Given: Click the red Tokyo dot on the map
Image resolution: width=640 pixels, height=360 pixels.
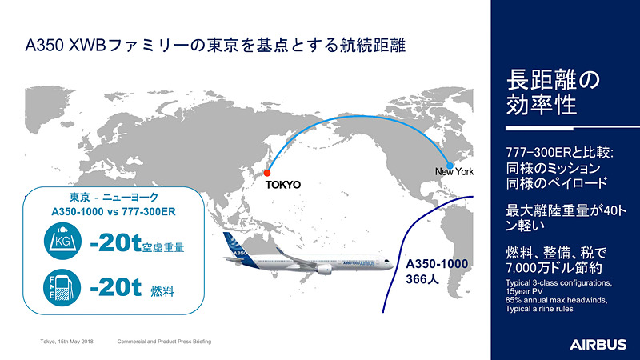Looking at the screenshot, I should [267, 173].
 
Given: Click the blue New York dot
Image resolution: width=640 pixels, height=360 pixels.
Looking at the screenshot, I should [450, 165].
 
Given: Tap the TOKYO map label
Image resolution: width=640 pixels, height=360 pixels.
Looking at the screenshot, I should [282, 185].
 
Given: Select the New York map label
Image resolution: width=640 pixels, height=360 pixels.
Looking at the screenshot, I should [454, 172].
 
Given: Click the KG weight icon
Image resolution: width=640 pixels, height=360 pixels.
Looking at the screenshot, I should [62, 242].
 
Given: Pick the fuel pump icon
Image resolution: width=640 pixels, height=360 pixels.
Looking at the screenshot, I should [62, 286].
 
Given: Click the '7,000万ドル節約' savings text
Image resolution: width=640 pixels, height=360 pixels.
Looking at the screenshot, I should [552, 270].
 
